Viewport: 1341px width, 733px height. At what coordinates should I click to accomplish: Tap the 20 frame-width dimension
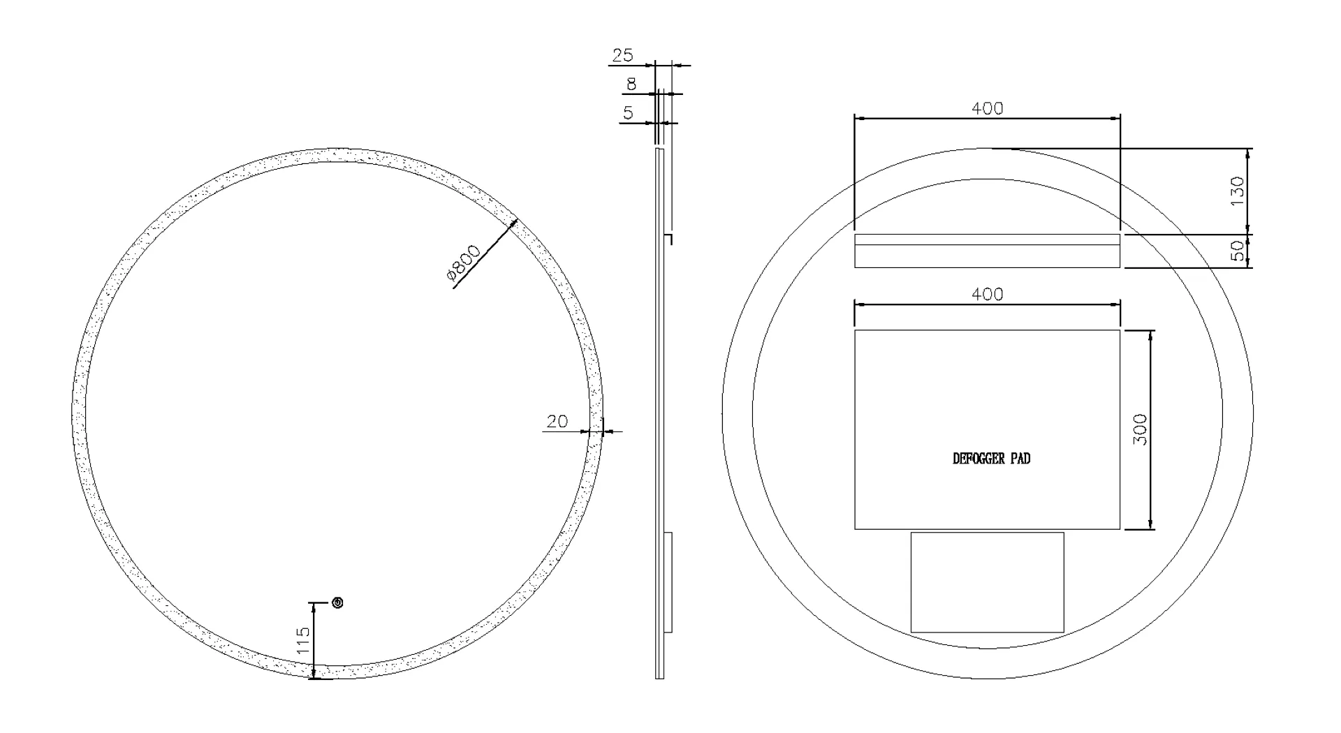click(x=557, y=422)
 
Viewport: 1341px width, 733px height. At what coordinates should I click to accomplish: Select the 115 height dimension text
click(x=303, y=640)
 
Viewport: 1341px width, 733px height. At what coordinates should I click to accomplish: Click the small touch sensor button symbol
click(x=338, y=602)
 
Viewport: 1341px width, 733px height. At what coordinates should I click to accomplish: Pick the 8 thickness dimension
click(x=631, y=84)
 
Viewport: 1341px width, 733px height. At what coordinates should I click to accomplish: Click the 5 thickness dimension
click(x=628, y=112)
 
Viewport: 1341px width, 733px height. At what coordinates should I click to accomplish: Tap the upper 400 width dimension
click(x=988, y=108)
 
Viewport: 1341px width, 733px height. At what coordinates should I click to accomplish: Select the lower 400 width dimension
click(x=988, y=295)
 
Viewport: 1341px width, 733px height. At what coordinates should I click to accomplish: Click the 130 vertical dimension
click(x=1237, y=191)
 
